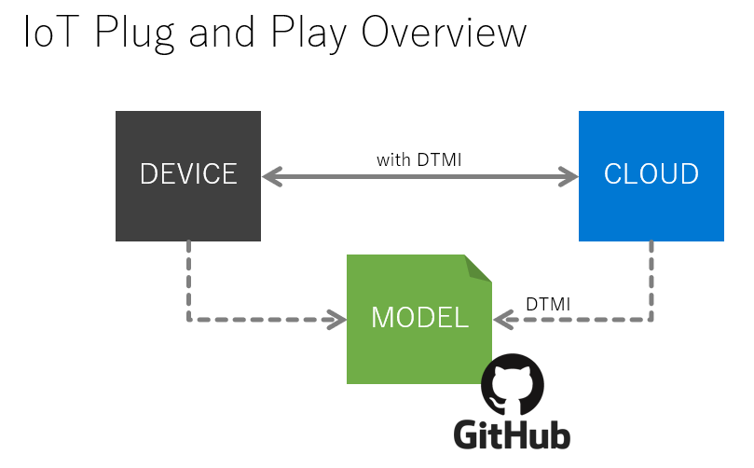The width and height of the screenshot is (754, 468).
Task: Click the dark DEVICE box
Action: (188, 176)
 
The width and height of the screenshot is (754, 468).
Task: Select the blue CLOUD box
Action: (651, 176)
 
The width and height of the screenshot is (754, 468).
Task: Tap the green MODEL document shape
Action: (419, 319)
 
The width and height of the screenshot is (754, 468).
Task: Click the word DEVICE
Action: (188, 173)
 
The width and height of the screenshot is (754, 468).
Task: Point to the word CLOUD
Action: (651, 173)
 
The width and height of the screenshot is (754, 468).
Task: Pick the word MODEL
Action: (419, 318)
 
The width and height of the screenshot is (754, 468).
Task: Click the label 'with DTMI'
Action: (418, 159)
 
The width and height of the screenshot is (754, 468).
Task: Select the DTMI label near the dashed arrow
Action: (548, 305)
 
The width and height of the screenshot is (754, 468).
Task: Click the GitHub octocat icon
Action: (513, 385)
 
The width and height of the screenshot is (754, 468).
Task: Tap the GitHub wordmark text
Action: (512, 434)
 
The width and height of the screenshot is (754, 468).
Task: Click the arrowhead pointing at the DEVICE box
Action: (272, 176)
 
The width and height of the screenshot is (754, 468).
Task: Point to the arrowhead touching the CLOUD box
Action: (568, 176)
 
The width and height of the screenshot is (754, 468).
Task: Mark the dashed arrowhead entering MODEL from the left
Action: (336, 320)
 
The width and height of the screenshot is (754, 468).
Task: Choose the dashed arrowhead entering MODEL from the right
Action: (503, 320)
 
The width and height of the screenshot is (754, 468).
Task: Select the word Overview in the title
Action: (444, 33)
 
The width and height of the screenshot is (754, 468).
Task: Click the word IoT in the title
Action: (50, 33)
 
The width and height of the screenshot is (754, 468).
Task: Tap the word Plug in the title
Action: (134, 34)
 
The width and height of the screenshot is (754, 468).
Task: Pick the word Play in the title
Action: (308, 34)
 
